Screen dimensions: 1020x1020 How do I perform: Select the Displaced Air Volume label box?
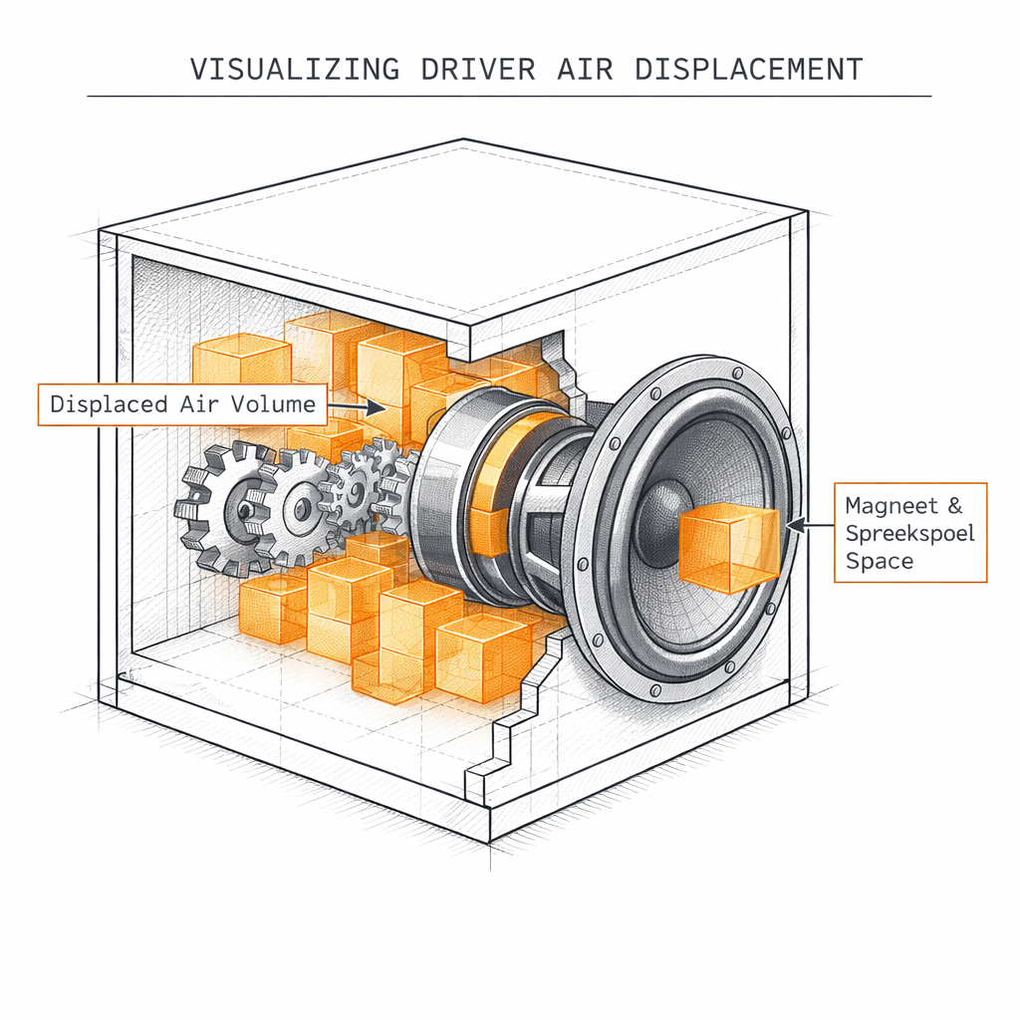[x=182, y=404]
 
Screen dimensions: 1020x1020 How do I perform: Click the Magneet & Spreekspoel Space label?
[x=909, y=532]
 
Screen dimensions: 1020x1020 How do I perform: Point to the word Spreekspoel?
[x=909, y=533]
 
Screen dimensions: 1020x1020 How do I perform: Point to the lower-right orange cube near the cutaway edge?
[x=483, y=655]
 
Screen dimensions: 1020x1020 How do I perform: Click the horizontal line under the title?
[x=508, y=96]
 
